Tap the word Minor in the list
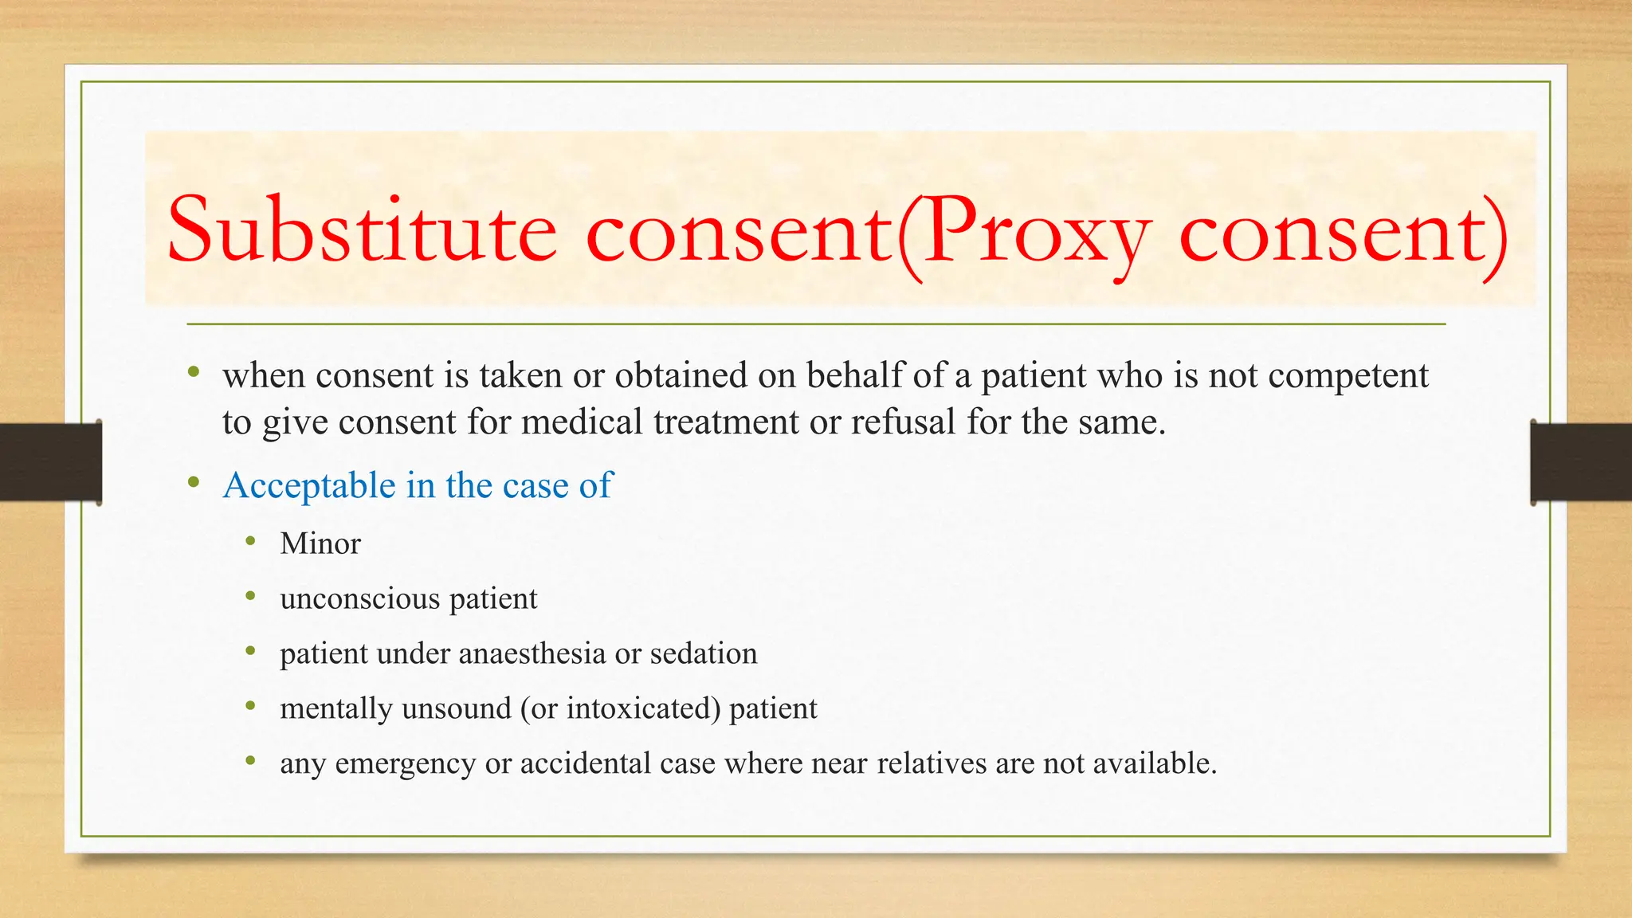coord(320,544)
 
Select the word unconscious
coord(359,598)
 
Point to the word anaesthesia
coord(532,653)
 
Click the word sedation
coord(704,653)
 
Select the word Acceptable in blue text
coord(309,486)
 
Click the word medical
coord(582,422)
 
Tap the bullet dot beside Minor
coord(251,542)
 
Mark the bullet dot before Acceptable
coord(194,482)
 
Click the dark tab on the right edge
coord(1581,462)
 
